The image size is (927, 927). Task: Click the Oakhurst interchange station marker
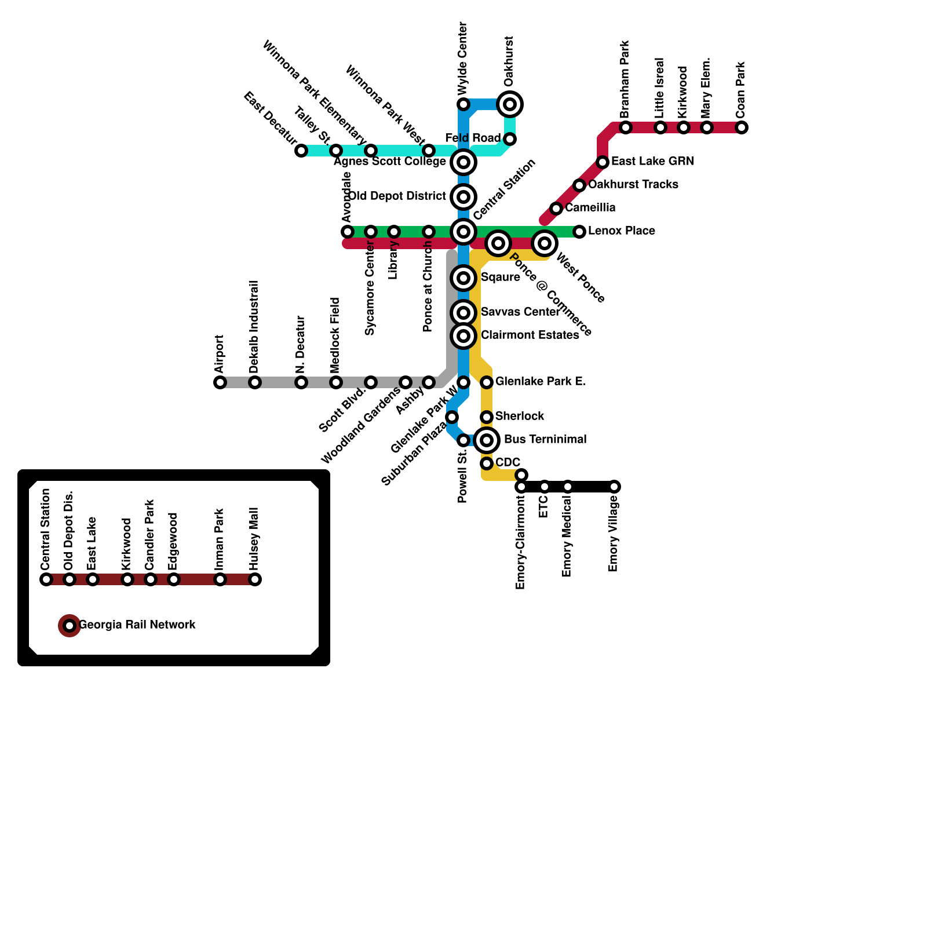click(510, 104)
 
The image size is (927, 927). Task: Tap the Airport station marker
click(220, 382)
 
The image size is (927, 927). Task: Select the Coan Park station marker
click(742, 127)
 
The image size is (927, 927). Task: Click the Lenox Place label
click(621, 231)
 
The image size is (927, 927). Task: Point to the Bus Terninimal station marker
click(487, 440)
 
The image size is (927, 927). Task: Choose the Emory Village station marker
click(614, 487)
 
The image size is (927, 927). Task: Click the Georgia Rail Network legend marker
click(70, 626)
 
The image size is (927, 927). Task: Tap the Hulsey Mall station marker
click(255, 579)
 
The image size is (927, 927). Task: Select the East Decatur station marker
click(301, 151)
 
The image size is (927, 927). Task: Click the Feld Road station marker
click(510, 139)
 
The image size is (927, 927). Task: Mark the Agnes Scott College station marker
click(463, 162)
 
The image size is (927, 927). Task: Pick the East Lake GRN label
click(652, 161)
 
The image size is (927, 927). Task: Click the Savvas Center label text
click(520, 312)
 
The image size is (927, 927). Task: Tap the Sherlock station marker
click(487, 417)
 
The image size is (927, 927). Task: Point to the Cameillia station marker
click(556, 209)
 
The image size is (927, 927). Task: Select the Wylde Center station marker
click(463, 104)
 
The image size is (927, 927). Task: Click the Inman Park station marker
click(220, 579)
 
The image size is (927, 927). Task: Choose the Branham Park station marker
click(626, 127)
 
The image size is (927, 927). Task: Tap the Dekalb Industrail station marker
click(255, 382)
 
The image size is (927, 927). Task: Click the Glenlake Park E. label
click(541, 381)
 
